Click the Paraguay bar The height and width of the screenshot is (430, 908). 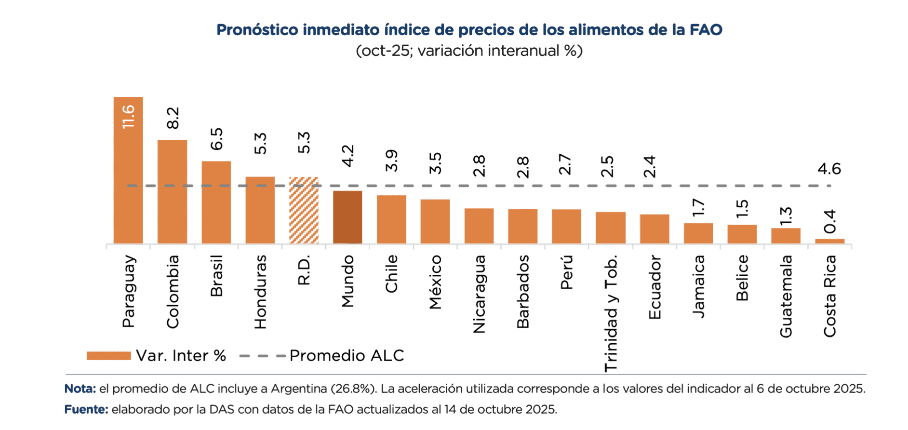pyautogui.click(x=128, y=183)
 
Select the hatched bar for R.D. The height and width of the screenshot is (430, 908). pyautogui.click(x=304, y=211)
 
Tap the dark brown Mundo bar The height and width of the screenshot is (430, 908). pyautogui.click(x=347, y=217)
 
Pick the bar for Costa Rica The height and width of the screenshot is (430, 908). pyautogui.click(x=829, y=241)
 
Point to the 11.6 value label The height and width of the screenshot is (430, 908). pyautogui.click(x=128, y=117)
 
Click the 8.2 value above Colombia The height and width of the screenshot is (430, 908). pyautogui.click(x=173, y=118)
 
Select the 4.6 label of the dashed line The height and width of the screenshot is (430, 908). pyautogui.click(x=829, y=169)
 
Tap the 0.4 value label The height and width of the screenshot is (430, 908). pyautogui.click(x=829, y=222)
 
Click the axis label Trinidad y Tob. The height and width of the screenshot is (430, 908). pyautogui.click(x=611, y=313)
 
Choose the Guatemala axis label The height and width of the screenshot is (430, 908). pyautogui.click(x=786, y=296)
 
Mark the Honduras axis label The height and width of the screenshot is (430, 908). pyautogui.click(x=260, y=292)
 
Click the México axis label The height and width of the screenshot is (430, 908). pyautogui.click(x=435, y=282)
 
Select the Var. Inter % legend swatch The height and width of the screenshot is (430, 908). pyautogui.click(x=108, y=356)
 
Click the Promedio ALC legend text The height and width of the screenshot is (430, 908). pyautogui.click(x=347, y=356)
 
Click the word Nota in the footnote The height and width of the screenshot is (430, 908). pyautogui.click(x=80, y=389)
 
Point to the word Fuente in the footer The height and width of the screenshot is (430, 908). pyautogui.click(x=86, y=409)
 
